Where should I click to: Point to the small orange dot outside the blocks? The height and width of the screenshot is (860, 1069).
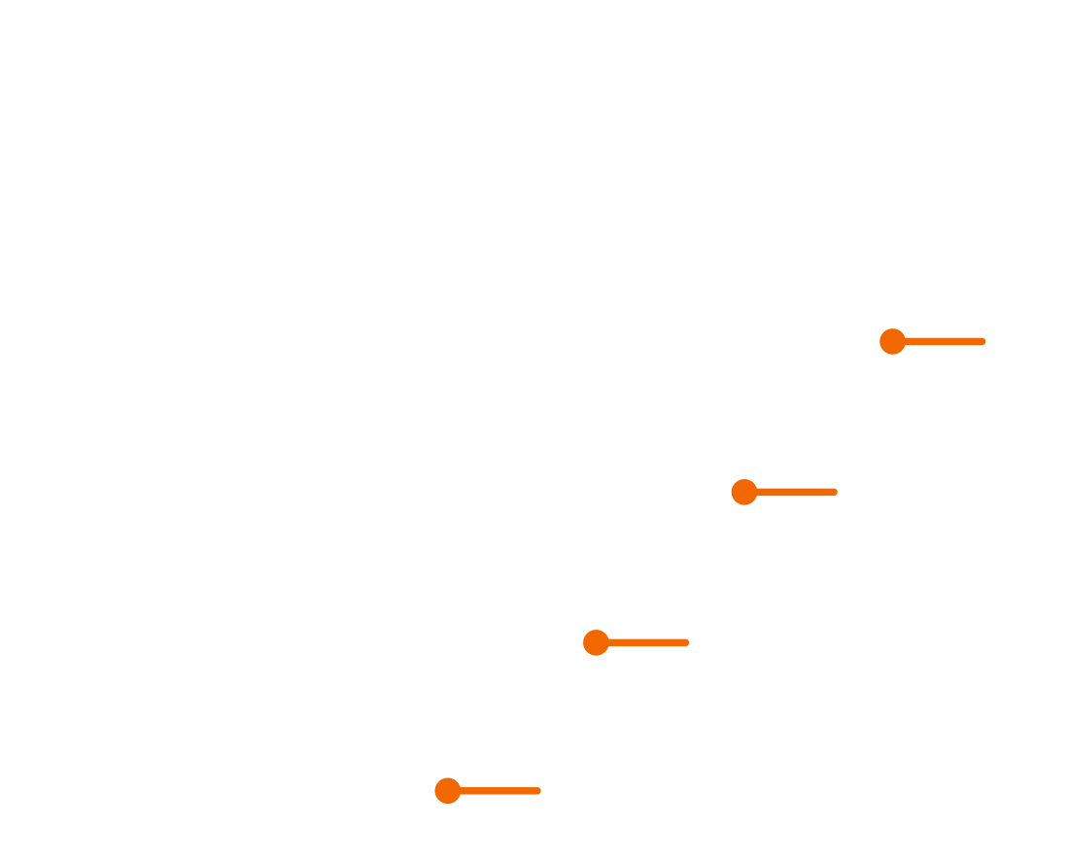click(x=982, y=341)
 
